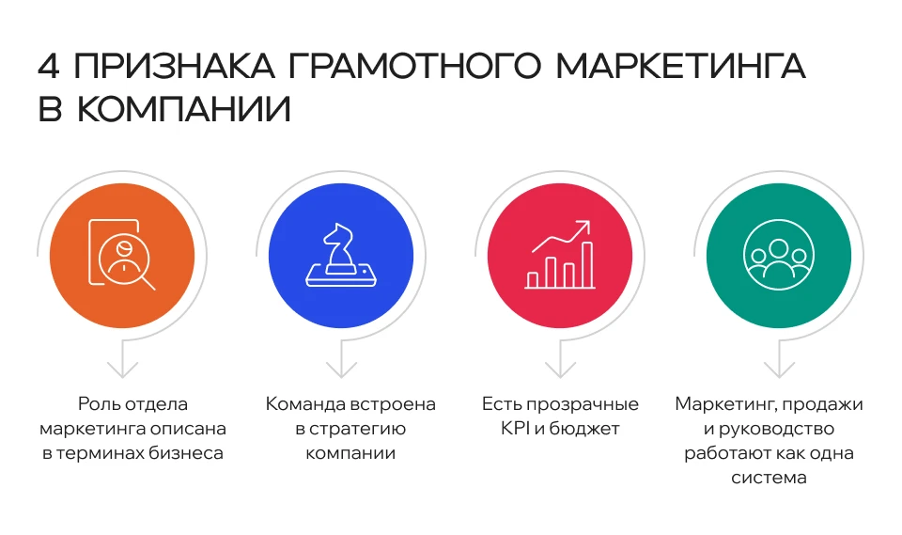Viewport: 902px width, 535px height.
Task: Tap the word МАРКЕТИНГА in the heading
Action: (x=681, y=67)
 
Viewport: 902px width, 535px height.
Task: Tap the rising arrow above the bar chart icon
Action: (x=562, y=236)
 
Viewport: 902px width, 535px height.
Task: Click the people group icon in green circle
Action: (x=779, y=256)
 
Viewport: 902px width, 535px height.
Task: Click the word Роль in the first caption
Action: (x=98, y=405)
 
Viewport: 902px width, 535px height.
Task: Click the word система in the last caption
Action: (x=769, y=479)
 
